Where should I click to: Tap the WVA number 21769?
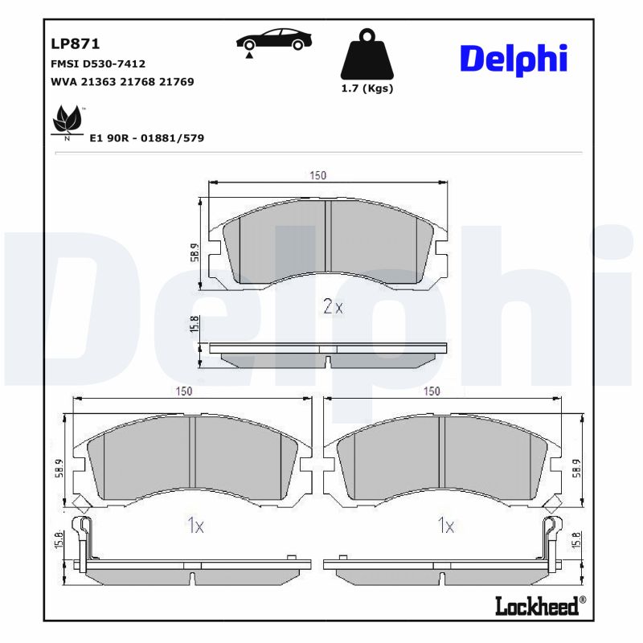click(178, 82)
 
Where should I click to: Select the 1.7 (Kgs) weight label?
click(367, 88)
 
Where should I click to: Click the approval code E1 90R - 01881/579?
click(147, 138)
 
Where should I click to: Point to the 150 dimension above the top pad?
click(319, 177)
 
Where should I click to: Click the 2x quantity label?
click(333, 306)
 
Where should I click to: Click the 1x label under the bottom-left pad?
click(195, 526)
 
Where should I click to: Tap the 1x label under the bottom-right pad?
click(445, 526)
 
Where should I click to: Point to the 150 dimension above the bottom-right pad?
click(432, 391)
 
